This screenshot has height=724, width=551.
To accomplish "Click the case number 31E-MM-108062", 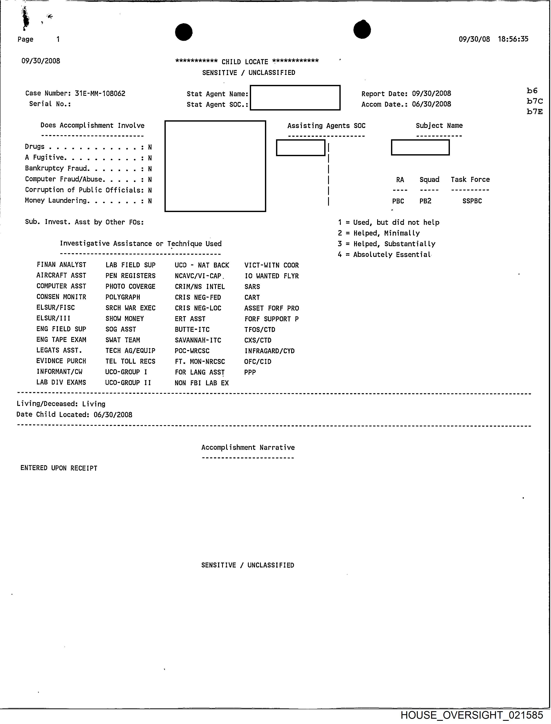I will tap(100, 93).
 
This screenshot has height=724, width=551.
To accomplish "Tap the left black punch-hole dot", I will tap(184, 32).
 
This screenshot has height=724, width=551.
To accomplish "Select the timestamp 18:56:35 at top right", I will tap(513, 39).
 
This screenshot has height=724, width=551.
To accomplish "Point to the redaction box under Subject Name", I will tap(420, 148).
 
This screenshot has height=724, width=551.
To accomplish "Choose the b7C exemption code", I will tap(535, 101).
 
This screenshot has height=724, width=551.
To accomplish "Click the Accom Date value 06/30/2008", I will tap(431, 104).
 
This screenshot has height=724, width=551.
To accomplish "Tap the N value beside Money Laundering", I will tap(150, 201).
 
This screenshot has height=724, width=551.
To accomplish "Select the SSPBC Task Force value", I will tap(472, 201).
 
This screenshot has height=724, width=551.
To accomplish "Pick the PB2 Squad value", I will tap(425, 201).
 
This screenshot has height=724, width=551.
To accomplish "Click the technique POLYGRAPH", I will tap(123, 297).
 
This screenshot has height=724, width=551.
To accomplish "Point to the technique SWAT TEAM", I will tap(123, 340).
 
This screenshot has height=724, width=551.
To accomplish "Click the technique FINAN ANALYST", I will tap(61, 265).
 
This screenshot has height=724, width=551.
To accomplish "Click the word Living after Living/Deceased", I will tap(94, 404).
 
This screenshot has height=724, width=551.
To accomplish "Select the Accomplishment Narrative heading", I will tap(248, 448).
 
